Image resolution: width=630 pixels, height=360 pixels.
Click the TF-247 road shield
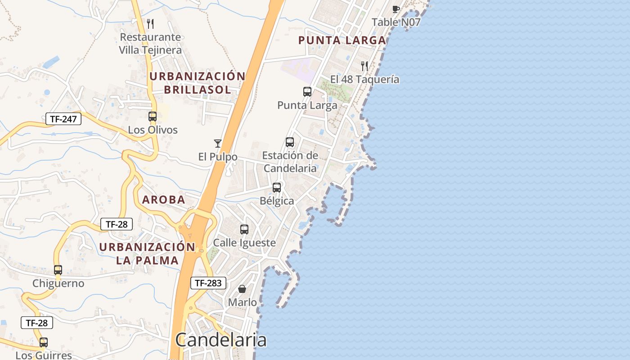[63, 119]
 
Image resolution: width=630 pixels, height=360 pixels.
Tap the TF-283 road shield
[208, 283]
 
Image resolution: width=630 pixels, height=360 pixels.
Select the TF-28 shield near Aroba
[117, 224]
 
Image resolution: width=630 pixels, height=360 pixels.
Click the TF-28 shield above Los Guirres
[37, 323]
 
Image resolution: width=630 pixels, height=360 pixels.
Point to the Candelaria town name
[220, 340]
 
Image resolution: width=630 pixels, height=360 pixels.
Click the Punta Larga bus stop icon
[307, 92]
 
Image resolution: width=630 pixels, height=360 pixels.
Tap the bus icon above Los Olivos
[153, 117]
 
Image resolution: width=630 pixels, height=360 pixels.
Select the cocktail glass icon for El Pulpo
[218, 144]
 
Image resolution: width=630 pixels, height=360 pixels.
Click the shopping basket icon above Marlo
[242, 289]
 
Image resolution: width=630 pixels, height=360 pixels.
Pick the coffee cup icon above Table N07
[396, 9]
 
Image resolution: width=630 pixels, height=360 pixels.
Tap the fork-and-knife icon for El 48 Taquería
[364, 66]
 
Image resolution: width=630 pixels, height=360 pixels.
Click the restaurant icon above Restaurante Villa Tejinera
[150, 24]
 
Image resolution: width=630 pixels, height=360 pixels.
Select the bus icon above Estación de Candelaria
[290, 142]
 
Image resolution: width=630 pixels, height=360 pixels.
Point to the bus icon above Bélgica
[277, 188]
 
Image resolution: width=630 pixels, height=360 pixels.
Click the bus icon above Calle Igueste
[244, 229]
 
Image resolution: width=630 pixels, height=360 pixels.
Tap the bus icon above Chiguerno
[58, 270]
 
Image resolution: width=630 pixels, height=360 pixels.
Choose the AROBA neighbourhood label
[164, 200]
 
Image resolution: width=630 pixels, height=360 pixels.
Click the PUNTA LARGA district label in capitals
[342, 40]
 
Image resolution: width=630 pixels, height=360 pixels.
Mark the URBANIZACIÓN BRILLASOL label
[197, 83]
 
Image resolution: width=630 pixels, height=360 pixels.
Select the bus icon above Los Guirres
[44, 342]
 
